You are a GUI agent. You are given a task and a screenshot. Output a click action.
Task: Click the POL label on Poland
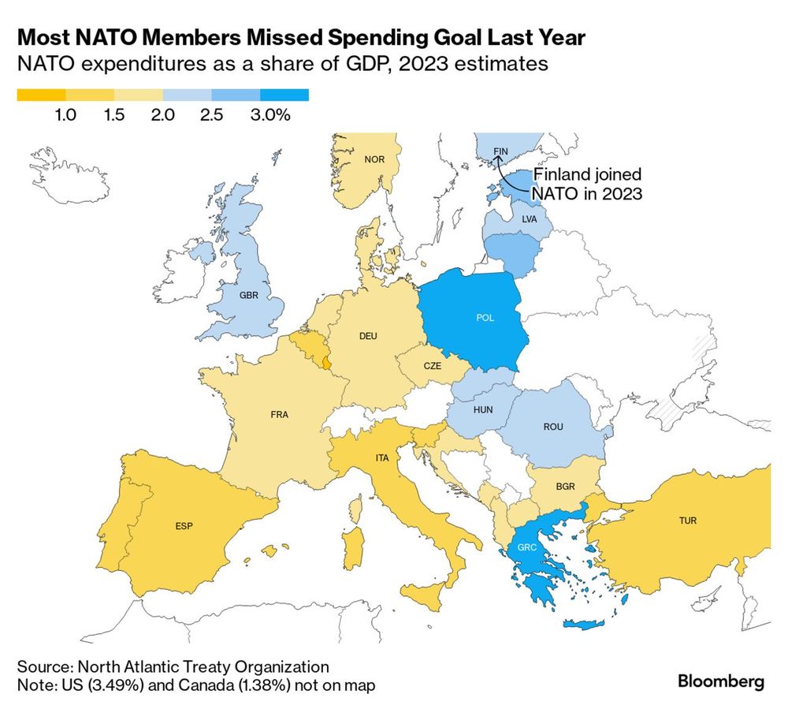tap(485, 318)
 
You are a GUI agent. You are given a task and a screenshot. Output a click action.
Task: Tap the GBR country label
tap(249, 295)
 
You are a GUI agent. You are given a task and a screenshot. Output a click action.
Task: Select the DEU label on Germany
tap(368, 336)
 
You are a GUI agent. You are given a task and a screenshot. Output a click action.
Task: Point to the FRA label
tap(280, 414)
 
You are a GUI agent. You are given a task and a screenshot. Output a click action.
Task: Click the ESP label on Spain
tap(184, 526)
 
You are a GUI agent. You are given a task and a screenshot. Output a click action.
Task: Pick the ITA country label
tap(382, 458)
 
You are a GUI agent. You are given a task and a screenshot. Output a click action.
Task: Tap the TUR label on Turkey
tap(688, 521)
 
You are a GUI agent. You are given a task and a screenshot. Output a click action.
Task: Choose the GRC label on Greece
tap(527, 547)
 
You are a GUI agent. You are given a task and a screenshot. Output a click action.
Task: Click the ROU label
tap(553, 427)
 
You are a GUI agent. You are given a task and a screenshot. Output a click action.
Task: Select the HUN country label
tap(483, 410)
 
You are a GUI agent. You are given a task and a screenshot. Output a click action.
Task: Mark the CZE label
tap(432, 366)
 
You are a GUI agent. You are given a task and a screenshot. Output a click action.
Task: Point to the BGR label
tap(565, 487)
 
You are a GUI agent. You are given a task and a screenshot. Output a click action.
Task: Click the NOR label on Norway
tap(374, 159)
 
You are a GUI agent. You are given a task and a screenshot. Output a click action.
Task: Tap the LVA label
tap(530, 219)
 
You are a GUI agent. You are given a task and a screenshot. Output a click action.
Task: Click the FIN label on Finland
tap(500, 151)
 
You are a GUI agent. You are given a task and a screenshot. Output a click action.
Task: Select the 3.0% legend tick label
tap(270, 114)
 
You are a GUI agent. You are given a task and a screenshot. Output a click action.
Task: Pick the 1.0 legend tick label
tap(65, 114)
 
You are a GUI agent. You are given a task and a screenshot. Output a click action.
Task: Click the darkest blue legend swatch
tap(284, 95)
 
